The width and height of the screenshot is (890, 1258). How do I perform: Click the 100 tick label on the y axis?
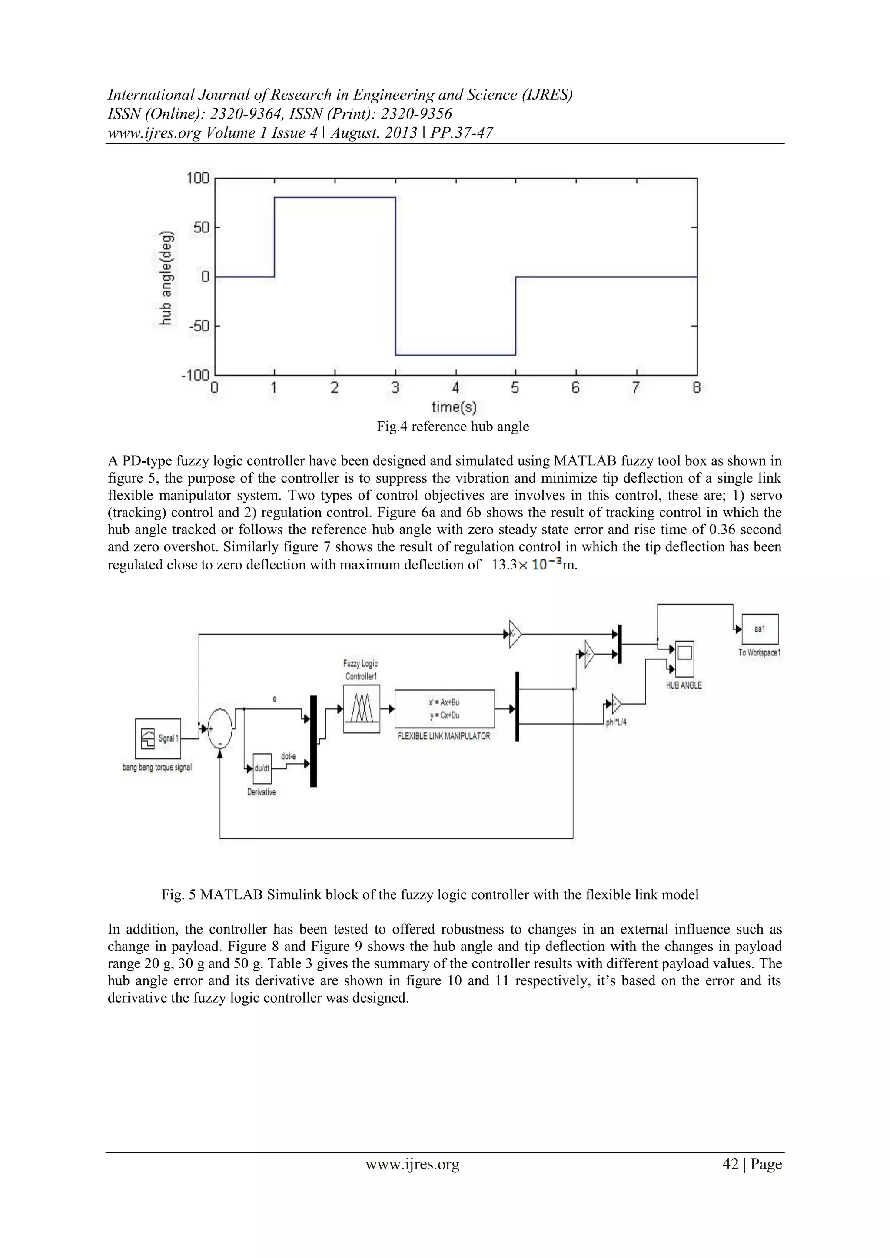[x=198, y=178]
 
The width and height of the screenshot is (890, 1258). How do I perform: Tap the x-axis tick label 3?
[x=395, y=388]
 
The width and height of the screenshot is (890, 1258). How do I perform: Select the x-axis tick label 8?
[x=697, y=388]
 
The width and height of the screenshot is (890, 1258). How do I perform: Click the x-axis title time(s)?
[x=454, y=407]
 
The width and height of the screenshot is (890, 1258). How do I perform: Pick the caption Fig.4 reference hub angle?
[x=453, y=427]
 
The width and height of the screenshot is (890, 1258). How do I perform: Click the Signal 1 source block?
[x=158, y=738]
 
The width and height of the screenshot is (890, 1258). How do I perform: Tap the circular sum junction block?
[x=220, y=728]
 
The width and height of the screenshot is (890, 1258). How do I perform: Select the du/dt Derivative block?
[x=262, y=768]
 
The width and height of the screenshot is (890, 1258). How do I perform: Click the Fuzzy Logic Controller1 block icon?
[x=361, y=711]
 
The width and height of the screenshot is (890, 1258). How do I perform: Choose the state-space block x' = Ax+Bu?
[x=445, y=708]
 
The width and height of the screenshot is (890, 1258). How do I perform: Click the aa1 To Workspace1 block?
[x=760, y=629]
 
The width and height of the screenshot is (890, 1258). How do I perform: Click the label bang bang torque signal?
[x=157, y=768]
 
